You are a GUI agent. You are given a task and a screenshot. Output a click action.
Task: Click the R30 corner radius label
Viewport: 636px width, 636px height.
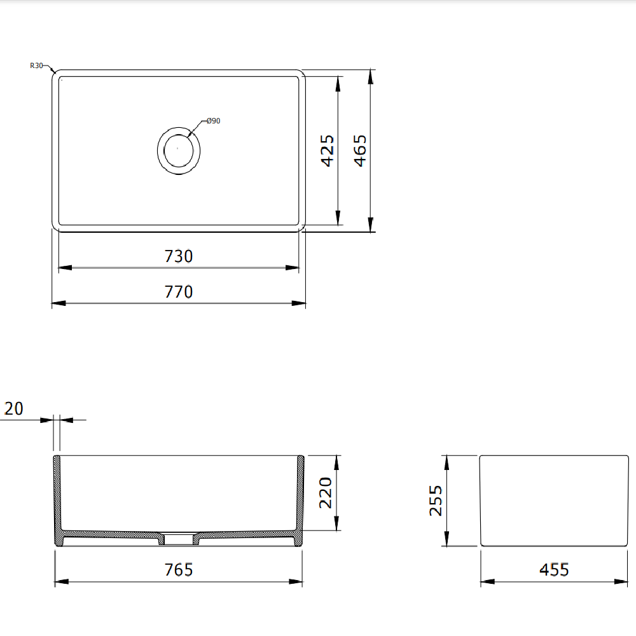(x=36, y=66)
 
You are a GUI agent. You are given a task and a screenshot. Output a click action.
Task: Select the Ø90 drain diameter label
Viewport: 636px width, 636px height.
(x=213, y=121)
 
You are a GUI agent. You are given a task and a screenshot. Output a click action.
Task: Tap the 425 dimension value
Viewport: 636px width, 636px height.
(x=328, y=151)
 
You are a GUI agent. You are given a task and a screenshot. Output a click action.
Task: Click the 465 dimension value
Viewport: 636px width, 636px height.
(x=359, y=151)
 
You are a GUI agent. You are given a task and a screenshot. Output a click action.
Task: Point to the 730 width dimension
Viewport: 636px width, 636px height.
(x=179, y=256)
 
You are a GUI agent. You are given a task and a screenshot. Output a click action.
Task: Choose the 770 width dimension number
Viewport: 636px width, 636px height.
(x=179, y=292)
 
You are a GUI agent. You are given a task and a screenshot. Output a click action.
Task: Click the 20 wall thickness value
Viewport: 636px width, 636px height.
(x=13, y=409)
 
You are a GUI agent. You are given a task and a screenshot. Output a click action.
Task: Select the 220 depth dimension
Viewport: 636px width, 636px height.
(x=325, y=493)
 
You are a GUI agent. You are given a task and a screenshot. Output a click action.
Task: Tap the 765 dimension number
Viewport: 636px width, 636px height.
(x=179, y=570)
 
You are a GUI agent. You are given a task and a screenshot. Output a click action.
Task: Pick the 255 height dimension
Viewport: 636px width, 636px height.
(x=436, y=501)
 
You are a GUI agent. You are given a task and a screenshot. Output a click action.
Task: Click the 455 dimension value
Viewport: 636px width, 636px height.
(x=554, y=570)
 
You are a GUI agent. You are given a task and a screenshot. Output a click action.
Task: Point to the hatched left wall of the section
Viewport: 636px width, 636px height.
(x=57, y=496)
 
